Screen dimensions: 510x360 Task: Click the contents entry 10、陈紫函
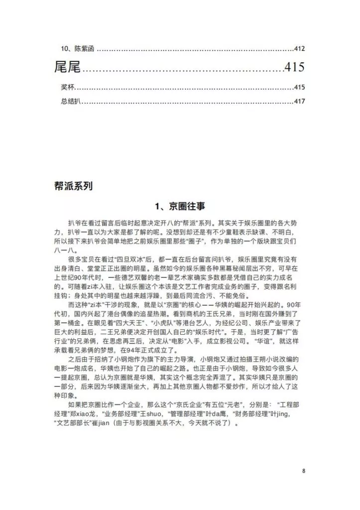78,49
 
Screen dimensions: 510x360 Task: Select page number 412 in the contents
299,49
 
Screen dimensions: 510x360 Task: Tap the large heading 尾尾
67,67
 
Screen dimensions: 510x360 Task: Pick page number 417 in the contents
299,102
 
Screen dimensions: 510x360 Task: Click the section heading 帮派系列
73,186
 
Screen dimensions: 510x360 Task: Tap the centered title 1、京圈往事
179,205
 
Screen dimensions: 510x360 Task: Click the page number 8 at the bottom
303,471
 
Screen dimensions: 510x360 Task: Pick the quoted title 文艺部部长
75,425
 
